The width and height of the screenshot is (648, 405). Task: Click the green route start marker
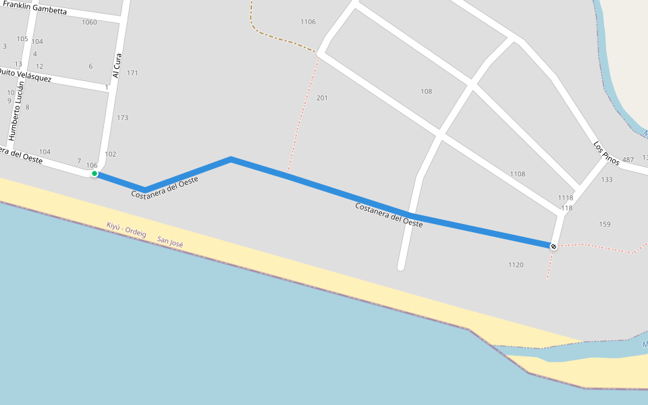(x=94, y=174)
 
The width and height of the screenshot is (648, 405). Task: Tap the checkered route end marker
(x=553, y=246)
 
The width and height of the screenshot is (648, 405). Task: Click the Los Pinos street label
(x=606, y=154)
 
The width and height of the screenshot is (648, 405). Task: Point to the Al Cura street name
(x=117, y=65)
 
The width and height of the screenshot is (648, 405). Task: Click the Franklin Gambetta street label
(x=34, y=8)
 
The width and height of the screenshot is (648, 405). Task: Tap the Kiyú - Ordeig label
(x=126, y=230)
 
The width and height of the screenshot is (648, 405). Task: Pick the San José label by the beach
(x=170, y=241)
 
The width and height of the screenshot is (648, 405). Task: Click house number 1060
(x=89, y=22)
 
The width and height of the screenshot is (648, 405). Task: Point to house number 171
(x=132, y=73)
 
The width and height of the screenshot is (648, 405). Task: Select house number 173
(x=122, y=118)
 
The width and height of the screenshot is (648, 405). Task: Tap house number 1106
(x=308, y=22)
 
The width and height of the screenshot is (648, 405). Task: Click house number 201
(x=322, y=99)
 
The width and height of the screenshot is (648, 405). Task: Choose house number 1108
(x=518, y=174)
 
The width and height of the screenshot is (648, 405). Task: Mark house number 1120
(x=516, y=265)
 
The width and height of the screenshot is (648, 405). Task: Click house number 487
(x=628, y=160)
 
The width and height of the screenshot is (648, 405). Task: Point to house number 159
(x=604, y=224)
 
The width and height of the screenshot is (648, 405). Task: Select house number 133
(x=607, y=180)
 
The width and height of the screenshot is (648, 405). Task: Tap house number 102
(x=111, y=155)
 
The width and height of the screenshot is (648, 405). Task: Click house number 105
(x=22, y=39)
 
